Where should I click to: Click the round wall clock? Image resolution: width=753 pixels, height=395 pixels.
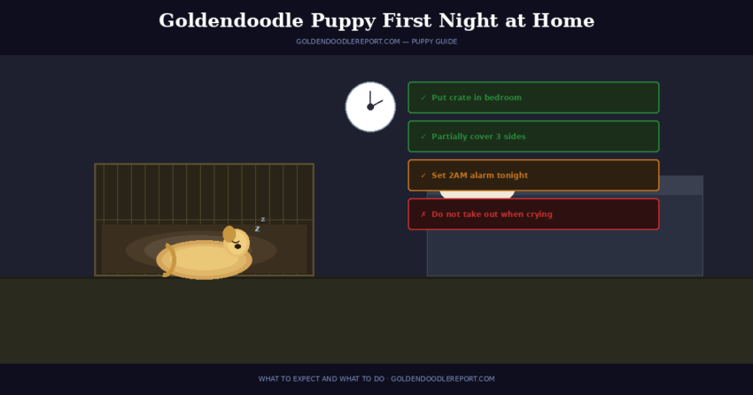[370, 106]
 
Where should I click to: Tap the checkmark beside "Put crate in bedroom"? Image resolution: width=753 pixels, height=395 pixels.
[423, 97]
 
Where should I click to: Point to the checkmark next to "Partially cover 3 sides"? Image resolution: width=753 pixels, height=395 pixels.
[423, 136]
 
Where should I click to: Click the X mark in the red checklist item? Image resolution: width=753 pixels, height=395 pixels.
[423, 214]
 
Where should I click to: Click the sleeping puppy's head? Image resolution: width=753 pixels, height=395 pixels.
[237, 242]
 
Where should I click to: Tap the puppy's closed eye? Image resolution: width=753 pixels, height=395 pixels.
[237, 240]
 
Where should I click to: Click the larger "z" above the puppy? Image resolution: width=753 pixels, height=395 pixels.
[257, 228]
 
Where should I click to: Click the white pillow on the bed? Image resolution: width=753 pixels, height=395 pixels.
[477, 193]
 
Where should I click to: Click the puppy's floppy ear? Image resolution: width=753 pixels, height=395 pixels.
[229, 234]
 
